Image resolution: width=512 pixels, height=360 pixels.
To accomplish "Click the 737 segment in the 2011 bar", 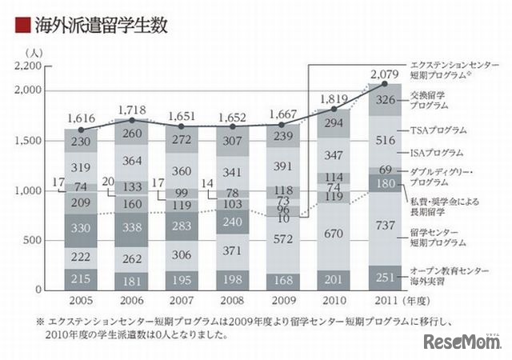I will click(x=386, y=226).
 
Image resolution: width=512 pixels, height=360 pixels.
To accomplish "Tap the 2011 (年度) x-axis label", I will click(x=398, y=303).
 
